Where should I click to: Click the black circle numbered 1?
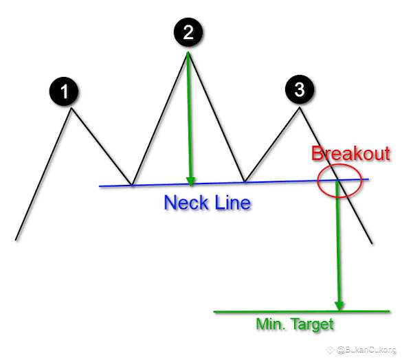pos(64,91)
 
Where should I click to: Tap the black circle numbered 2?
pos(188,32)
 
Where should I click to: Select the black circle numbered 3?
pos(300,89)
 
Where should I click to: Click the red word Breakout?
pos(350,153)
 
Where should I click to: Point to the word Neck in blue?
pos(186,203)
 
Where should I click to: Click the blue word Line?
pos(232,203)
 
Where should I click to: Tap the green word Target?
pos(313,325)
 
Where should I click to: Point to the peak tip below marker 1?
pos(71,109)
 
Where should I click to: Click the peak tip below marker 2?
pos(188,52)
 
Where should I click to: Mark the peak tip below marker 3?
pos(300,108)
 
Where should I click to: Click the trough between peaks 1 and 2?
pos(132,185)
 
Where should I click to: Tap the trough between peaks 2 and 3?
pos(245,181)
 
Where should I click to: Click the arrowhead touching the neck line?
pos(190,181)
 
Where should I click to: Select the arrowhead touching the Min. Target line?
pos(339,306)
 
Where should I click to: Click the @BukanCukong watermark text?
pos(367,350)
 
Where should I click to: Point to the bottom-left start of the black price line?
pos(16,240)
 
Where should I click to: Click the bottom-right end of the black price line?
pos(372,244)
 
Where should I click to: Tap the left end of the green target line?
pos(214,312)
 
